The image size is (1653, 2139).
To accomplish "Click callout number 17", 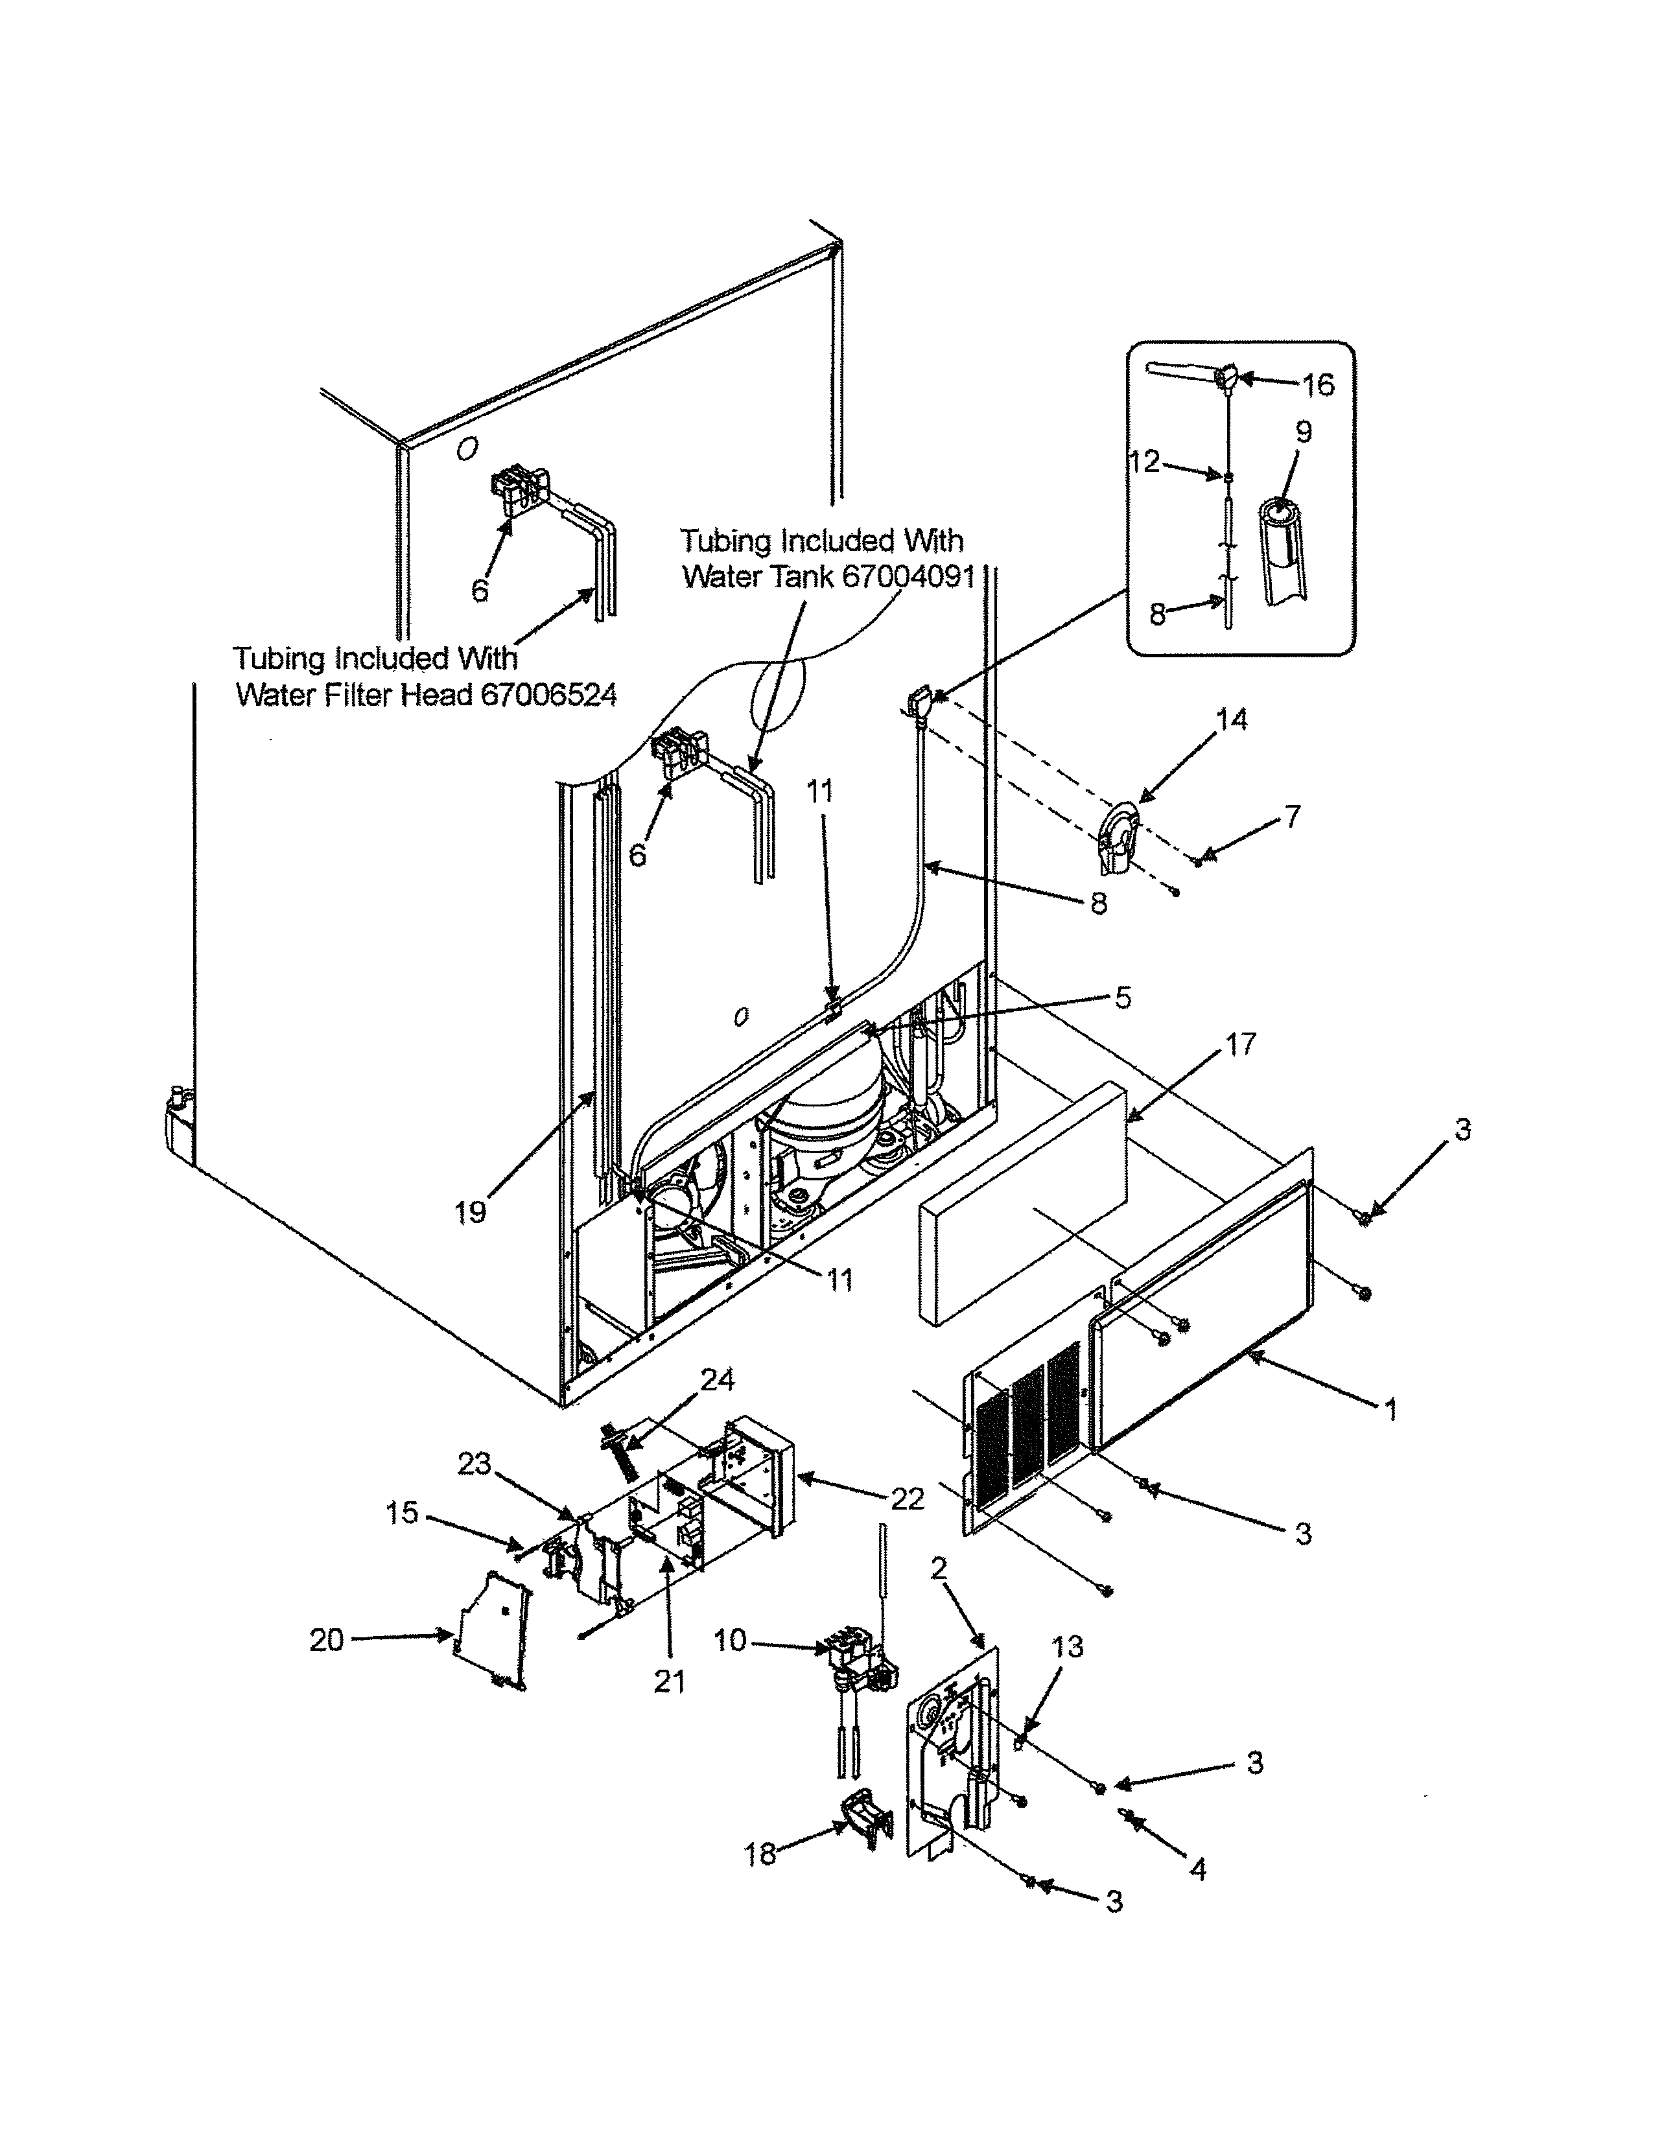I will (1239, 1044).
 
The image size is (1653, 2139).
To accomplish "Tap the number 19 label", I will (470, 1213).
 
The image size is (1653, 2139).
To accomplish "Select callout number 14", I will (1232, 720).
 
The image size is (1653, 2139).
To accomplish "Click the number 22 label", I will (908, 1499).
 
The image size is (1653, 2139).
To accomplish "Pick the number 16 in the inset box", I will (1318, 385).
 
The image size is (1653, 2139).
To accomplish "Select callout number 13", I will (1068, 1647).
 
